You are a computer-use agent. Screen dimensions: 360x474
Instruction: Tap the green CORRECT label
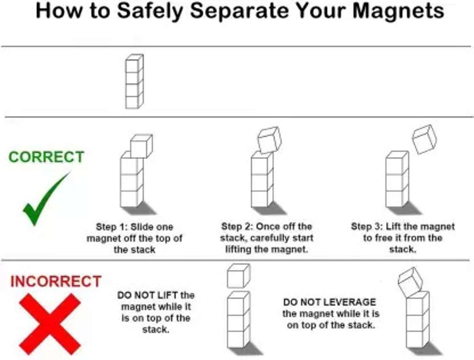pos(46,157)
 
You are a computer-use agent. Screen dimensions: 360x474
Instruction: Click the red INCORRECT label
pos(56,282)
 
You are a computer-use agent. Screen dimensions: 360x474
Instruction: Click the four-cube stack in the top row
pos(134,81)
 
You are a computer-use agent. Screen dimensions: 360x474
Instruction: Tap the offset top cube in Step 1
pos(141,146)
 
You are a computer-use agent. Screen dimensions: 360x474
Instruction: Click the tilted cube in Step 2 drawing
pos(269,140)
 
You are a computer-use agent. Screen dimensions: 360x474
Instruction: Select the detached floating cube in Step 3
pos(424,140)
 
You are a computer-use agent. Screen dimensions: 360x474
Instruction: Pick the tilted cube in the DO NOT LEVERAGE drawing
pos(409,280)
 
